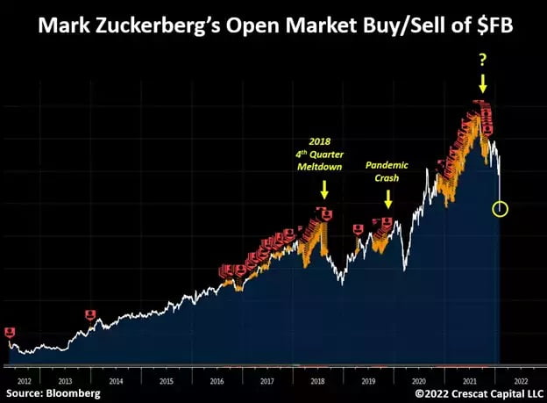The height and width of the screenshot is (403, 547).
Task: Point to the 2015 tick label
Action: tap(166, 380)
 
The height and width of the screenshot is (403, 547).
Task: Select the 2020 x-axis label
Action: tap(418, 380)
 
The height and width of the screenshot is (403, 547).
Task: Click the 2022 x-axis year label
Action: tap(519, 380)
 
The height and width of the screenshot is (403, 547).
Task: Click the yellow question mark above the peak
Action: tap(483, 60)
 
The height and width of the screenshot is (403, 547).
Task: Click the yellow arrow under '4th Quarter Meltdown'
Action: tap(324, 188)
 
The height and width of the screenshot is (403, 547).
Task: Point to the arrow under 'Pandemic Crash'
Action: tap(388, 199)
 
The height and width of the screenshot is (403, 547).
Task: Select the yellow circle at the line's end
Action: tap(501, 209)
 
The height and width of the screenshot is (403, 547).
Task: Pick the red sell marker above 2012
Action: tap(10, 332)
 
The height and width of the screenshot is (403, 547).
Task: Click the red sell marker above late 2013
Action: tap(90, 314)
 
